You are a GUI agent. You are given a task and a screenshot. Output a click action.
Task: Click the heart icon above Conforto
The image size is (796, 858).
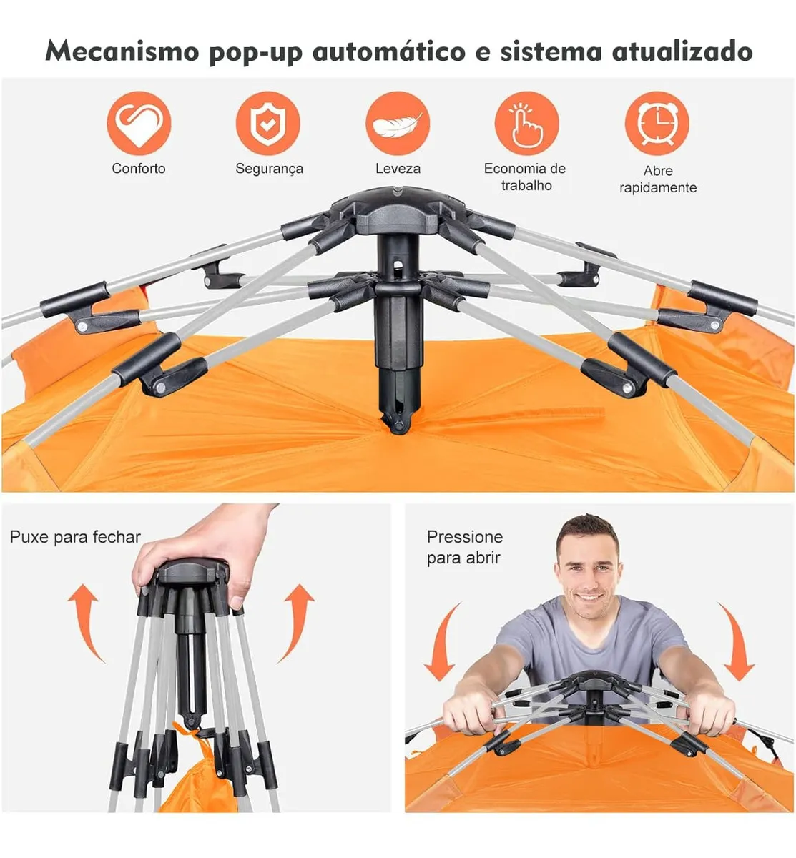[x=139, y=123]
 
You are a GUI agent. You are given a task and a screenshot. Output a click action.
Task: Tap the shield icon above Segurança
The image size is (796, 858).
[x=268, y=123]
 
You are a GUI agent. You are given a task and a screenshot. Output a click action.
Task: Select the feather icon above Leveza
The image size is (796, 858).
[x=398, y=123]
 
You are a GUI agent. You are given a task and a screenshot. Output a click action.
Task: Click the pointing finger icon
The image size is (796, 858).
[x=526, y=123]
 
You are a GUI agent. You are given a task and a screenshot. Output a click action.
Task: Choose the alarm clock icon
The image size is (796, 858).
[x=657, y=123]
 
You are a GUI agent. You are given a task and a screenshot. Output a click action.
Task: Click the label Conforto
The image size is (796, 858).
[x=139, y=169]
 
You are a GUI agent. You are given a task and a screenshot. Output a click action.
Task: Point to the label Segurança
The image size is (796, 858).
[x=269, y=169]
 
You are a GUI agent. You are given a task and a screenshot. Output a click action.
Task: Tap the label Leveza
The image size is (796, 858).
[x=398, y=169]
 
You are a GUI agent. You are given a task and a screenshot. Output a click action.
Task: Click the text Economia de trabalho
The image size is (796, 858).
[x=525, y=177]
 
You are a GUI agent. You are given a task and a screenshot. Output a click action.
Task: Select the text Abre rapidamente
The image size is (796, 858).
[x=657, y=179]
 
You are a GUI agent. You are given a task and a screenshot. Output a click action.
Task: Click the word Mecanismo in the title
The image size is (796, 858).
[x=122, y=51]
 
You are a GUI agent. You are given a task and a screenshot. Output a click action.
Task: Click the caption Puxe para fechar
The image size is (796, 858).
[x=75, y=537]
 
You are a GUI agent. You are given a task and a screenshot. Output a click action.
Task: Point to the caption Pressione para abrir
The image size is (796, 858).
[x=464, y=547]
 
